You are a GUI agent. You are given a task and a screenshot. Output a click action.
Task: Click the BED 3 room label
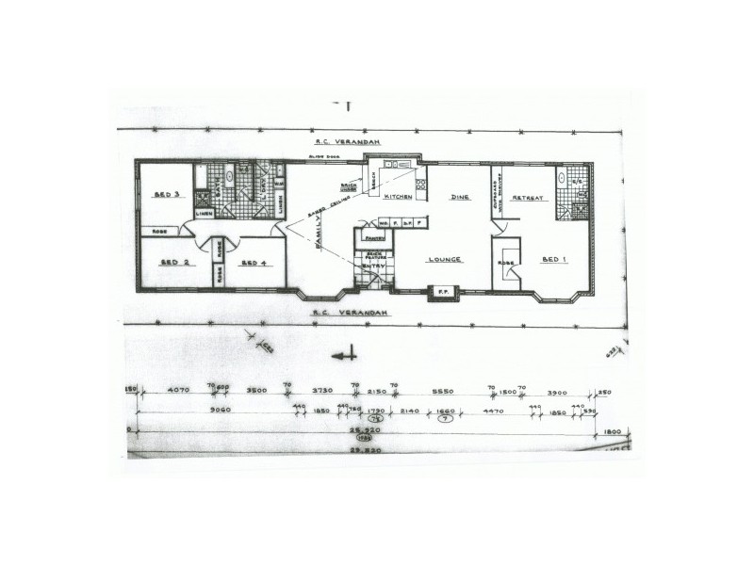tap(167, 196)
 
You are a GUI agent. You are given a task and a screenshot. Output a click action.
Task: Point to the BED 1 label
tap(553, 260)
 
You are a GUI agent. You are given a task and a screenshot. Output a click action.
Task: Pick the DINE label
tap(459, 198)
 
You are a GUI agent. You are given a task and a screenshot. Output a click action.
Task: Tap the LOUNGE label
tap(444, 260)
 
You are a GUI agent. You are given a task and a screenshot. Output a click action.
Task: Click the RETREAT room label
tap(524, 198)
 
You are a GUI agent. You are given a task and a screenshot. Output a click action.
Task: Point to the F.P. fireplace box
tap(441, 295)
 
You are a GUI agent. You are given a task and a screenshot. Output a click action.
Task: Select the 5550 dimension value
tap(443, 389)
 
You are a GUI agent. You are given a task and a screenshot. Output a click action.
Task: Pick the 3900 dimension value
tap(556, 389)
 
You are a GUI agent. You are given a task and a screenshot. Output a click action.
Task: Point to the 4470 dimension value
tap(494, 411)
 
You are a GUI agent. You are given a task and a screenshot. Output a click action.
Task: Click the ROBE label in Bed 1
tap(506, 262)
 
